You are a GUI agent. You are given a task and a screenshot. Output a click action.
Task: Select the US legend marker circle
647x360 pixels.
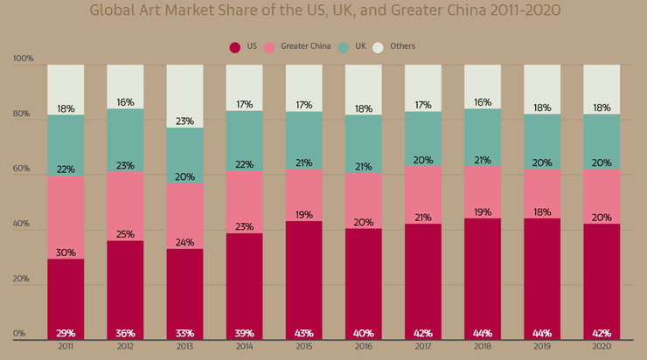(x=235, y=47)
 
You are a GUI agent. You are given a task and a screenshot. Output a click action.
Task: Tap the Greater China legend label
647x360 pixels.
(x=306, y=46)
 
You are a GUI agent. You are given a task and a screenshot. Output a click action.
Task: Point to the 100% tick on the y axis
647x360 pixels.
(x=23, y=59)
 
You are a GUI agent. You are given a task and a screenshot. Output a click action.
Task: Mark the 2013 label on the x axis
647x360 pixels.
(x=184, y=348)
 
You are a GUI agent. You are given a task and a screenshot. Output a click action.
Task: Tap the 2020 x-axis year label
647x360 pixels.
(x=602, y=348)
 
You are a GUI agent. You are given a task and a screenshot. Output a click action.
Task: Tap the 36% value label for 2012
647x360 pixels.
(x=125, y=333)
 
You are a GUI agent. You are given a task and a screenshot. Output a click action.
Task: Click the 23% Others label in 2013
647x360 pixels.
(x=184, y=121)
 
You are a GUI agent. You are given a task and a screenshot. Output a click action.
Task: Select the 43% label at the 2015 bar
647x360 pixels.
(x=303, y=333)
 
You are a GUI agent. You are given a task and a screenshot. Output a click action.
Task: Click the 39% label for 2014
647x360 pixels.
(x=244, y=333)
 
